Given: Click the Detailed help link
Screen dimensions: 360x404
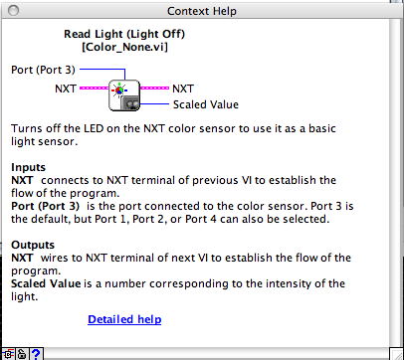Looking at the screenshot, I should pyautogui.click(x=124, y=319).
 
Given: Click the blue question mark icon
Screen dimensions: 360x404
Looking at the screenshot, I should pyautogui.click(x=36, y=352).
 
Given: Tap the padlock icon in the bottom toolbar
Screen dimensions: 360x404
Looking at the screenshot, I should pyautogui.click(x=21, y=352).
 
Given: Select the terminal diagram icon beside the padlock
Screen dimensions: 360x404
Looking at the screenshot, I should pyautogui.click(x=8, y=352).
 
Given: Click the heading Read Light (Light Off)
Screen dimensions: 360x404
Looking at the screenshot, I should pyautogui.click(x=124, y=33).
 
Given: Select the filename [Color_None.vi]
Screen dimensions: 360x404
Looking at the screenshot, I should pyautogui.click(x=124, y=47).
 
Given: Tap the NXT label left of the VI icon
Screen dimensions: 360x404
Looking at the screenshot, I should pyautogui.click(x=67, y=89).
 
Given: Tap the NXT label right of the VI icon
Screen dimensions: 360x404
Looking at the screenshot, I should pyautogui.click(x=184, y=89).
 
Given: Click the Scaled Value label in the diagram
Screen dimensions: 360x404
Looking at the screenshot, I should pyautogui.click(x=206, y=103).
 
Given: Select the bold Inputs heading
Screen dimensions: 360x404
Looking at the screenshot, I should pyautogui.click(x=29, y=167).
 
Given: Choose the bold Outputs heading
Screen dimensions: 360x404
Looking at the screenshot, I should pyautogui.click(x=33, y=244).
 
